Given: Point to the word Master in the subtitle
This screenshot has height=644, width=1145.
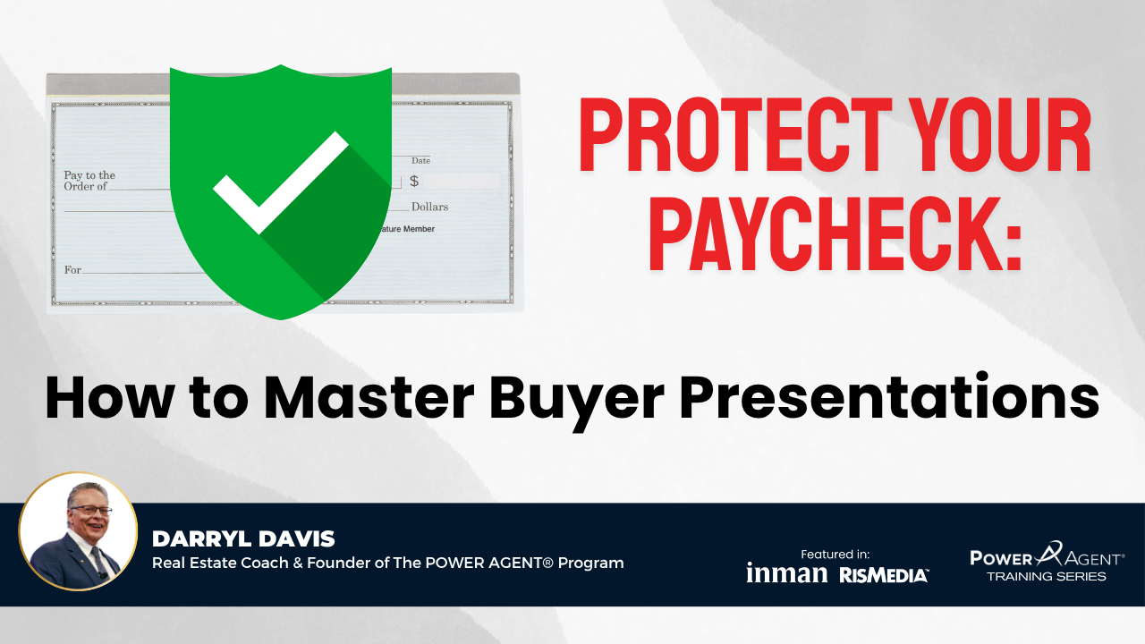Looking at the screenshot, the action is [369, 398].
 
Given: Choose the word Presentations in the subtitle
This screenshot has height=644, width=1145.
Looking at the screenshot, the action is [890, 398].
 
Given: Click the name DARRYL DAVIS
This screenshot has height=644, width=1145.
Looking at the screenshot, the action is [243, 538].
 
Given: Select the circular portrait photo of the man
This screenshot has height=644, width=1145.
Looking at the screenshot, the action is [78, 531].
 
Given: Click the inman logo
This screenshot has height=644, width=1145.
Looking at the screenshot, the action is [786, 573].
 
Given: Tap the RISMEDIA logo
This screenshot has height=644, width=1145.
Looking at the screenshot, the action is [883, 575].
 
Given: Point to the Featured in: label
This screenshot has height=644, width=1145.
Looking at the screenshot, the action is [835, 554].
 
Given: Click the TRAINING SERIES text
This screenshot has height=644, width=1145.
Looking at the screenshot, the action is [1047, 577].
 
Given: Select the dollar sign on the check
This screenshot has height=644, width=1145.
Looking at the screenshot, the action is [414, 181].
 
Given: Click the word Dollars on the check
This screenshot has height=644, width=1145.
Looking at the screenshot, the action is [430, 207].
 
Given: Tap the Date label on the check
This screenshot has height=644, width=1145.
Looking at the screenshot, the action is [420, 160].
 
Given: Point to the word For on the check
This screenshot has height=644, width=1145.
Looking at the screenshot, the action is [72, 269].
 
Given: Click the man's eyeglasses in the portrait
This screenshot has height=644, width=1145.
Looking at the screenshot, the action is [92, 510].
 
